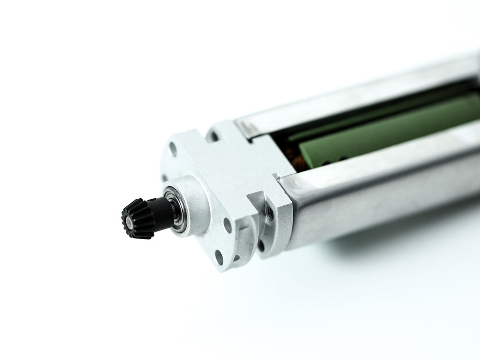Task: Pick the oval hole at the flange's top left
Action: point(173,149)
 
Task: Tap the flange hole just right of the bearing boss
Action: point(227,225)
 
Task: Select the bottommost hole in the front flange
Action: point(219,257)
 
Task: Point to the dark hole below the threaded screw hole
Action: point(262,245)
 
